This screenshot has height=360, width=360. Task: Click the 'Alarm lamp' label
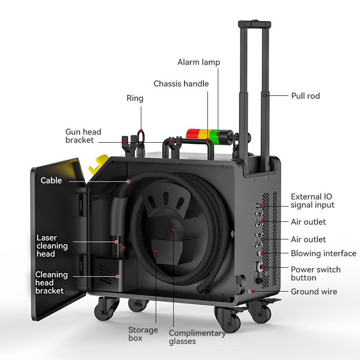coord(198,62)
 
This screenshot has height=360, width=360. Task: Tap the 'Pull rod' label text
coord(306,96)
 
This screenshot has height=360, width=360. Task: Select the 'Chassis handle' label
coord(181,84)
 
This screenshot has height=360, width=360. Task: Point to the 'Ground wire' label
coord(314,292)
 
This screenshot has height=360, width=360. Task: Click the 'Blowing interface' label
coord(323,253)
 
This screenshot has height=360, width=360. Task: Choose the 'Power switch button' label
coord(315,274)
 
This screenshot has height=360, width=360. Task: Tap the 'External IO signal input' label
coord(312,201)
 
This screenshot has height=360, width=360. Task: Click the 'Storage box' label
coord(143,333)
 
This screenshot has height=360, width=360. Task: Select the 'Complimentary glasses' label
coord(197,337)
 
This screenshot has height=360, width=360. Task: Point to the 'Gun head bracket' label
coord(83,136)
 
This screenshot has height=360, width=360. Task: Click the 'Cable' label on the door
coord(51,180)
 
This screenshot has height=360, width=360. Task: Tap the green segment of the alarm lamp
coord(217,134)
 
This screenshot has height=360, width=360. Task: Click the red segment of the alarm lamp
coord(192,134)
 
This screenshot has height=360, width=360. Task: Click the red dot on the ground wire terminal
coord(253,292)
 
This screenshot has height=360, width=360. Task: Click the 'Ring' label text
coord(135,98)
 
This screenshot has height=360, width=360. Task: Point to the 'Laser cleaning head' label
coord(52,246)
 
